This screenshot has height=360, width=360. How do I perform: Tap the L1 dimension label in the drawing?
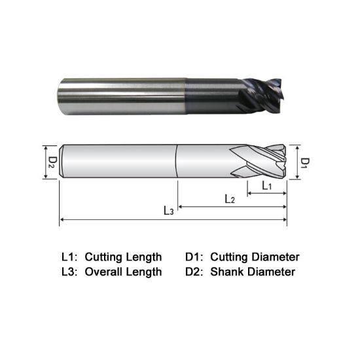[267, 186]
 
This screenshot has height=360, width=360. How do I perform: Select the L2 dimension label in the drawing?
[230, 198]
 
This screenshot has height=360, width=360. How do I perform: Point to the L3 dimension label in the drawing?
[169, 211]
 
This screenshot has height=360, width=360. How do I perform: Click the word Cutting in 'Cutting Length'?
[107, 257]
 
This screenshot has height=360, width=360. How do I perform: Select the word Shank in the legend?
[226, 272]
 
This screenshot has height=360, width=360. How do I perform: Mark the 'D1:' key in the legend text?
[197, 257]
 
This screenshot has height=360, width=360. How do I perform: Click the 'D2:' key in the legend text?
[197, 272]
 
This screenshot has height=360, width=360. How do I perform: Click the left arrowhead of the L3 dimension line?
[62, 219]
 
